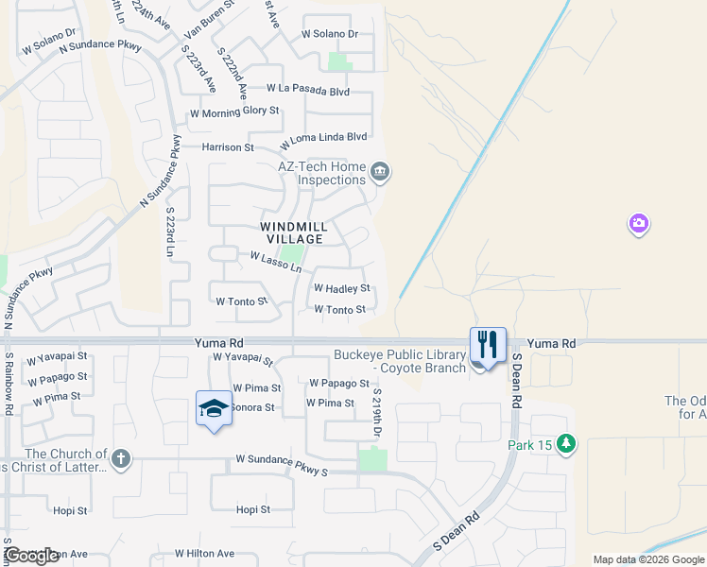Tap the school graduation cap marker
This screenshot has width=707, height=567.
214,408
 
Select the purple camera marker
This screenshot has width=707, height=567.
639,224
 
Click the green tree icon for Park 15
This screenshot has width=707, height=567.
566,443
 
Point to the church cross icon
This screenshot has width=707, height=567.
120,460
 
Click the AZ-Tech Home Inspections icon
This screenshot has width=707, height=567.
380,171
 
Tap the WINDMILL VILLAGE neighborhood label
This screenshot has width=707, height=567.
294,232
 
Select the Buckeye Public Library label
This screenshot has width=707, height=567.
400,361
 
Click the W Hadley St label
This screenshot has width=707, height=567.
340,288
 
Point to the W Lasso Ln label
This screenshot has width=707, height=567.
275,261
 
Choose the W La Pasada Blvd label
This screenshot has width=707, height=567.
308,91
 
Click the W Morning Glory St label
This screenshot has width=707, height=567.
234,112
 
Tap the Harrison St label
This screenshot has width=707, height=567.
228,147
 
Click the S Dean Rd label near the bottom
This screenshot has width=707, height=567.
456,531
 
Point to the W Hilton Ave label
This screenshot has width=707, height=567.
204,554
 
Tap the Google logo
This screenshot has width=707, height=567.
31,556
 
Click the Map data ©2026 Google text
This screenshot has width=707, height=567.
648,559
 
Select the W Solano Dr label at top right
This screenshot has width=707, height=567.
330,34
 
